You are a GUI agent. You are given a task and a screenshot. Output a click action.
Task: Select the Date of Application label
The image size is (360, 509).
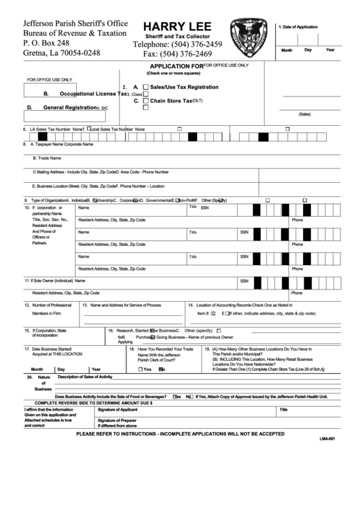(302, 26)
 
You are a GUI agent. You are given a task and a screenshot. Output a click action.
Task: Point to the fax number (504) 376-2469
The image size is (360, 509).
(179, 54)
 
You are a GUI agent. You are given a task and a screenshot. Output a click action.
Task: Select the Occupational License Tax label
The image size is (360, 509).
(89, 94)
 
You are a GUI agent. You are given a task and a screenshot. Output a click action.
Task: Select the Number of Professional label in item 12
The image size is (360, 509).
(52, 305)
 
